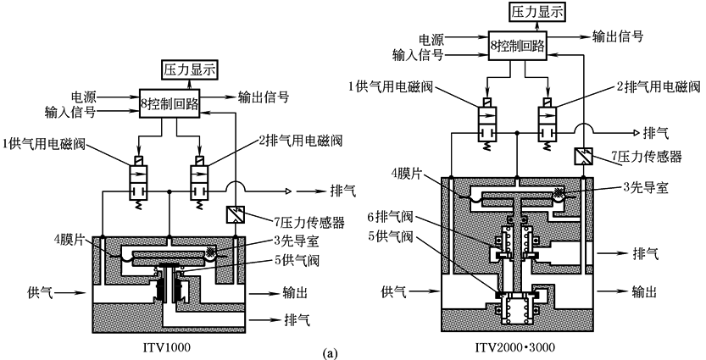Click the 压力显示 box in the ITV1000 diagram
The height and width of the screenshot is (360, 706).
tap(190, 69)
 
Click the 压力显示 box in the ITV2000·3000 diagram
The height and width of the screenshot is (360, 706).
tap(536, 11)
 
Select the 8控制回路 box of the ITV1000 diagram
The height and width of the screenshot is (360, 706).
tap(170, 104)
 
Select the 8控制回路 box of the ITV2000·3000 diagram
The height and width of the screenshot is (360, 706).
tap(518, 46)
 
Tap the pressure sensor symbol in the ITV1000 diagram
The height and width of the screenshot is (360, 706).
tap(234, 214)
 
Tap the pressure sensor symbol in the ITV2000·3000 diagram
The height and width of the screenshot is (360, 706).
tap(582, 156)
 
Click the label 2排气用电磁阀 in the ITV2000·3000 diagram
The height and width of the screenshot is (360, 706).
tap(659, 86)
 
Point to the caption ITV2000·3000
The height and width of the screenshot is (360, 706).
tap(515, 347)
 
